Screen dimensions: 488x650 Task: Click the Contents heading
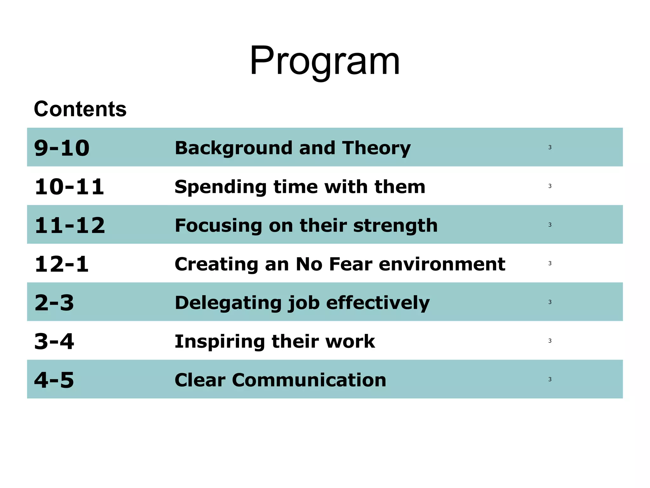coord(80,109)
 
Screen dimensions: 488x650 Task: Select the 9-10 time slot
coord(62,148)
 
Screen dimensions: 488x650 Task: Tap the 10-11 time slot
coord(69,187)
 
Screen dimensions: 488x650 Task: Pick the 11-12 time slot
coord(70,226)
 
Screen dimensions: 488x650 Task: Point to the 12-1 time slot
coord(62,264)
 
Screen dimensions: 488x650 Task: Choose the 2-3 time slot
coord(54,303)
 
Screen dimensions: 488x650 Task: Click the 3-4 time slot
coord(54,342)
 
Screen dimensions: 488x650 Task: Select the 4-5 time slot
coord(54,380)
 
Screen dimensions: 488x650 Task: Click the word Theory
coord(376,148)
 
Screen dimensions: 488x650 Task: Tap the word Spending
coord(221,187)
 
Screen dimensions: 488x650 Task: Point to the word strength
coord(395,226)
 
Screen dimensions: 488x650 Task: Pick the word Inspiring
coord(220,342)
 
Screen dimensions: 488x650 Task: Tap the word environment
coord(442,264)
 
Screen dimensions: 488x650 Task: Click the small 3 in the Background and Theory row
coord(550,147)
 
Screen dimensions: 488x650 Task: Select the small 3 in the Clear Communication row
coord(550,379)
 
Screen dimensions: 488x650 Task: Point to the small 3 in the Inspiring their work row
coord(550,341)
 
